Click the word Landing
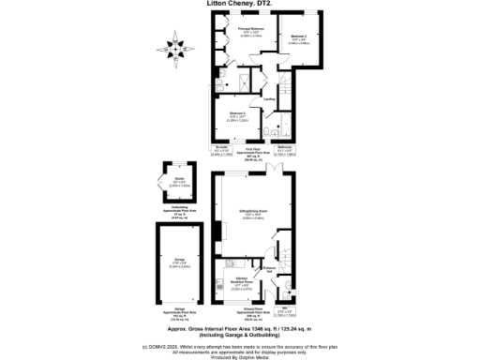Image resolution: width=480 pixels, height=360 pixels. point(269,98)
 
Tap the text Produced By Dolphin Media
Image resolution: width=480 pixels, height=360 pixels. point(240,357)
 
